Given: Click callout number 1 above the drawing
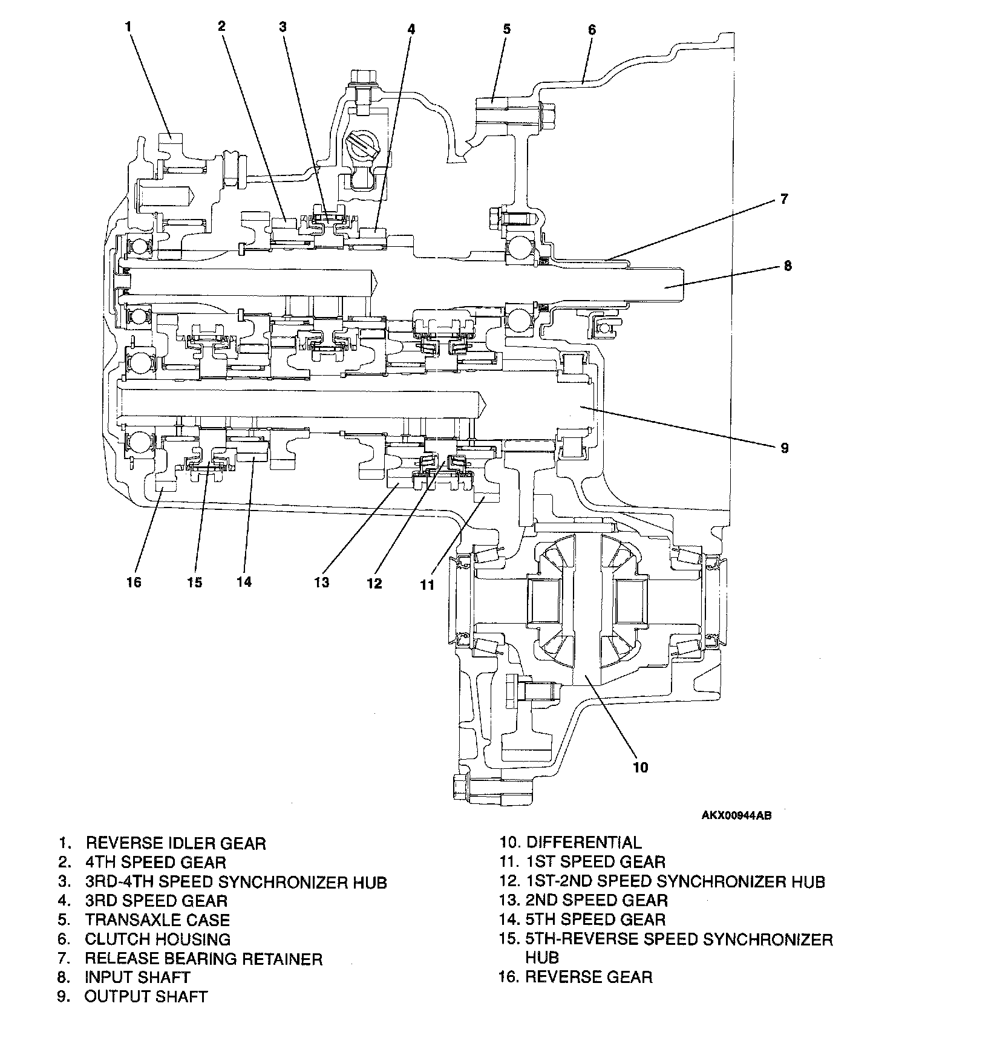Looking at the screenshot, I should click(x=128, y=26).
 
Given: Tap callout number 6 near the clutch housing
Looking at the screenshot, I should click(x=592, y=29).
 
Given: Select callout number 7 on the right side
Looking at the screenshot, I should click(x=784, y=198).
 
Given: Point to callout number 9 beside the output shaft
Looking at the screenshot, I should click(x=784, y=448).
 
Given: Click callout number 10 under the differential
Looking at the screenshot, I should click(x=640, y=767).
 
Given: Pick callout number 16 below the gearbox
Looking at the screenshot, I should click(x=134, y=582).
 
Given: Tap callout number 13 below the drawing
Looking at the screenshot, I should click(x=321, y=582).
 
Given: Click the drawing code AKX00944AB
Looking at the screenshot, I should click(x=736, y=815).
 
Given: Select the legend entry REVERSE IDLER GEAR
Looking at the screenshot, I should click(x=175, y=843).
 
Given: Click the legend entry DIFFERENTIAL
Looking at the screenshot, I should click(x=584, y=842).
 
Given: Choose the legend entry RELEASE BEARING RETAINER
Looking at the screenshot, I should click(x=203, y=959).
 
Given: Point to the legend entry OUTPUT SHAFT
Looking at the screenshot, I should click(x=146, y=997).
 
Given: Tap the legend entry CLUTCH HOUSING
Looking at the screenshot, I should click(x=157, y=939).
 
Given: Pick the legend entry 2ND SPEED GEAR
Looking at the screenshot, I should click(x=597, y=900).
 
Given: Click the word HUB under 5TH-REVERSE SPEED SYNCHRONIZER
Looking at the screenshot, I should click(x=541, y=957).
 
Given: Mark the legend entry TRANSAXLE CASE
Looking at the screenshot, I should click(x=157, y=920).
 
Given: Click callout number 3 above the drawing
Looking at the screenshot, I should click(x=283, y=26).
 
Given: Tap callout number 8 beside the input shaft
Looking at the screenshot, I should click(x=787, y=266).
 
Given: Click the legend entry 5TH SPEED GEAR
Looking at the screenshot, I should click(x=595, y=919).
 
